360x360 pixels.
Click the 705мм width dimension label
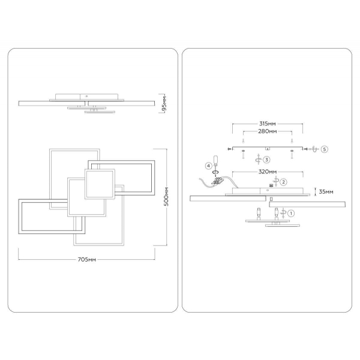(88, 260)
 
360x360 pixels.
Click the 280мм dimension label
(267, 131)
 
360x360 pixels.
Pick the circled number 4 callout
(209, 165)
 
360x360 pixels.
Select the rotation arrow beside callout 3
(258, 159)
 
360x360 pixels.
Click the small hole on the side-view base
(86, 95)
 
